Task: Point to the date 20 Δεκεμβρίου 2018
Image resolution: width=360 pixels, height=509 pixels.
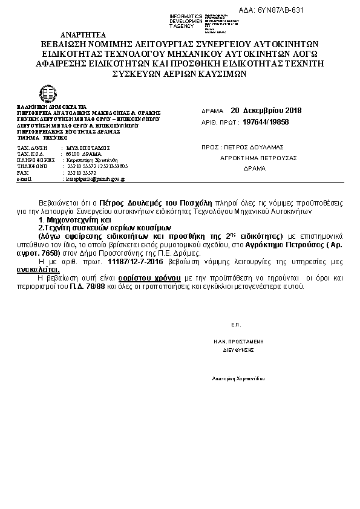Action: tap(266, 111)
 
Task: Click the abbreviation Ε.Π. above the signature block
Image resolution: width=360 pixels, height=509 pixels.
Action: tap(236, 325)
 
